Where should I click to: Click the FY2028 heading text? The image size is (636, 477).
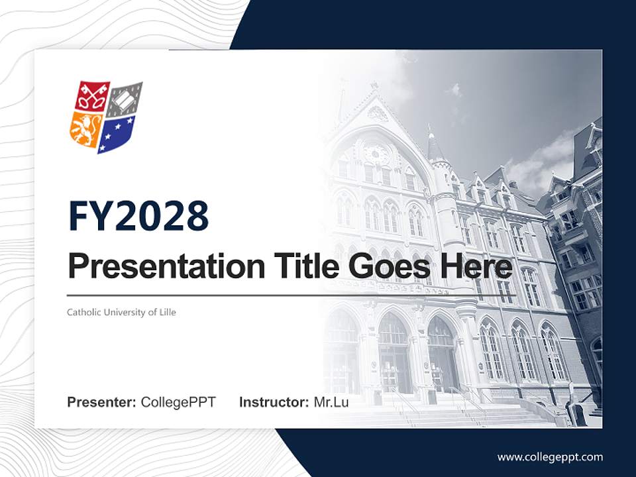[138, 216]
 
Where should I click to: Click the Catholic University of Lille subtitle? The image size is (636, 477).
[121, 312]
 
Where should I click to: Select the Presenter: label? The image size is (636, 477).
[102, 402]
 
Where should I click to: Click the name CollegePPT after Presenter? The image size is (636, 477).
[178, 402]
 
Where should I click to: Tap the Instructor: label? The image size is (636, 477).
[274, 402]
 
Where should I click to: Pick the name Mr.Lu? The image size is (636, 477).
[331, 402]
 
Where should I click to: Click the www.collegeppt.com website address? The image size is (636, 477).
[550, 456]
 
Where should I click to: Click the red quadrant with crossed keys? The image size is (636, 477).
[91, 97]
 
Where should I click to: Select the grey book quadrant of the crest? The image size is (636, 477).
[125, 99]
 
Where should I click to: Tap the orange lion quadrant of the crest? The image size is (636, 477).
[84, 129]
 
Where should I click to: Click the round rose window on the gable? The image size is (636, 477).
[376, 154]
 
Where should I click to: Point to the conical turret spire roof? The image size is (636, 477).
[435, 147]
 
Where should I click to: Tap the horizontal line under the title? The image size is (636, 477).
[291, 295]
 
